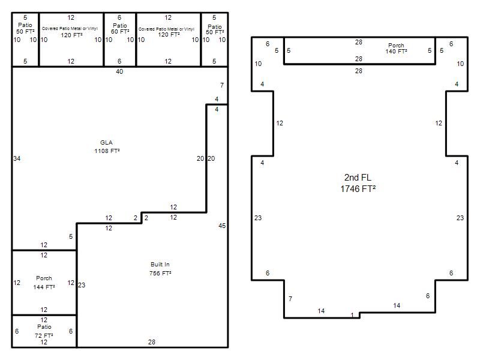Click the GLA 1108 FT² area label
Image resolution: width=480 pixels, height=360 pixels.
pos(107,146)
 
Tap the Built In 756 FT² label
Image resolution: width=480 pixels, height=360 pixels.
pos(160,269)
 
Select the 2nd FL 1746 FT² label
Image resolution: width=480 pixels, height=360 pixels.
pos(358,183)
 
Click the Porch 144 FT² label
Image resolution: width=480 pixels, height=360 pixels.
pos(44,282)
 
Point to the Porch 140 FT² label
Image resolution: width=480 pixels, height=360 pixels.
pos(396,49)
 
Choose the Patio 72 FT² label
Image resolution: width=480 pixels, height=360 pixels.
pos(44,331)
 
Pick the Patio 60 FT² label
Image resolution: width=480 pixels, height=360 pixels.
pos(120,28)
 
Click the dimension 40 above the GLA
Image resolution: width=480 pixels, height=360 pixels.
pos(119,71)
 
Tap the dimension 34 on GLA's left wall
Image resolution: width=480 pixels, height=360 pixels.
pos(17,158)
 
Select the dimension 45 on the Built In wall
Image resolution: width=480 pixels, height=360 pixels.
pos(222,226)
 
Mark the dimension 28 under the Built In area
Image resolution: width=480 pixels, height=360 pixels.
pos(152,342)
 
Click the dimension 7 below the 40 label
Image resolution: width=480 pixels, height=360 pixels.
pos(222,85)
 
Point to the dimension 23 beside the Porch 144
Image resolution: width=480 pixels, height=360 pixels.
pos(82,285)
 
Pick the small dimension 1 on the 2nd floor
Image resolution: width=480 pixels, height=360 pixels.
pos(352,314)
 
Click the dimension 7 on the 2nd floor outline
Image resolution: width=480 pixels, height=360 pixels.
pos(290,298)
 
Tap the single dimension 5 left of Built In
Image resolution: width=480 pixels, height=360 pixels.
pos(71,236)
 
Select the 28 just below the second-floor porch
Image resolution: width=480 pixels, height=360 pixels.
pos(358,71)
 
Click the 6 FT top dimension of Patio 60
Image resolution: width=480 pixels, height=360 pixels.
pos(119,17)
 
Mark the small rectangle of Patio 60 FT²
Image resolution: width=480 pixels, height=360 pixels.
pos(120,40)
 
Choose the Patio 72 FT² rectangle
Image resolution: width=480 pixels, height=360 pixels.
pos(44,331)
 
